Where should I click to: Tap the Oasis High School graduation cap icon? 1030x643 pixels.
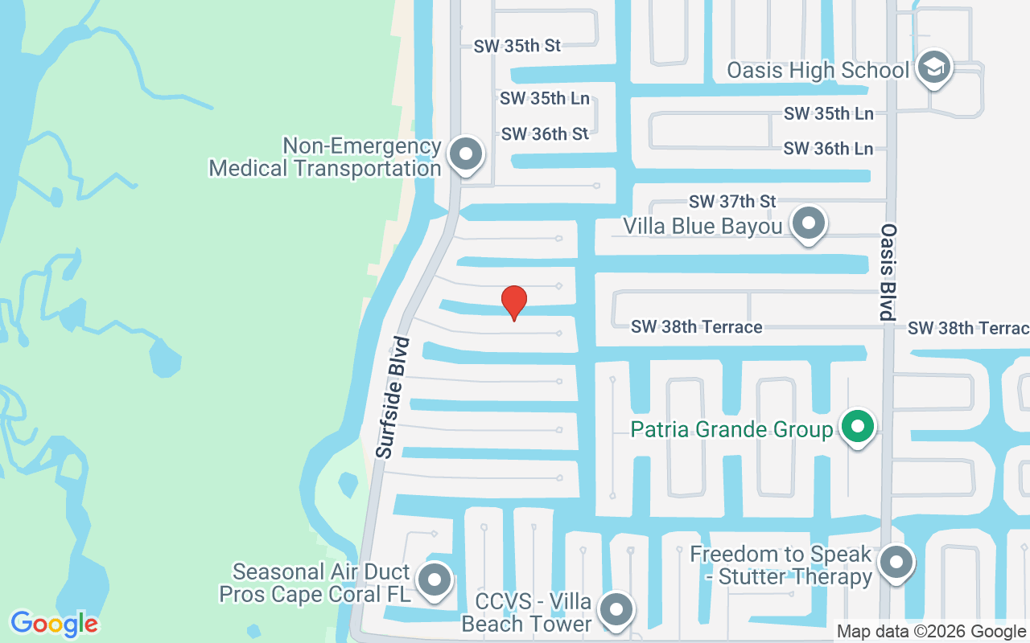(x=933, y=68)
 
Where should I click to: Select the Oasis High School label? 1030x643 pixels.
(x=818, y=70)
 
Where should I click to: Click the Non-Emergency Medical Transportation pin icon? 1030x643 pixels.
(x=464, y=154)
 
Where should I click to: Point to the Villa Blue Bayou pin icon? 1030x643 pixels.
(x=808, y=223)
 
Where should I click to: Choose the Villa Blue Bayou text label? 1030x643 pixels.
(x=702, y=227)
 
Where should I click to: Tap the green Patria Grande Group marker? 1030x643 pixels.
(x=858, y=427)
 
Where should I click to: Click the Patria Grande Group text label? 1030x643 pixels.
(x=731, y=429)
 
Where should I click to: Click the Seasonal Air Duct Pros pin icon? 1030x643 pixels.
(x=435, y=579)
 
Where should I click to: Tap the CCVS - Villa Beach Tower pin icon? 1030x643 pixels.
(x=616, y=609)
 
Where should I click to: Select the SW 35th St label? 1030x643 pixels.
(x=517, y=46)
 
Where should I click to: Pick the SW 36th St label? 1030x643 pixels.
(x=545, y=134)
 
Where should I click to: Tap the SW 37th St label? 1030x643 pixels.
(x=732, y=201)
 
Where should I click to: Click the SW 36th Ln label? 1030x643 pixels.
(x=828, y=149)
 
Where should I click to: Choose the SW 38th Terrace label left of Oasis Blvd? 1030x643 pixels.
(x=696, y=327)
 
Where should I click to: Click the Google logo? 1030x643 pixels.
(x=54, y=624)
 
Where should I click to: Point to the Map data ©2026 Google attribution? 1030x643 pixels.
(x=931, y=632)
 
